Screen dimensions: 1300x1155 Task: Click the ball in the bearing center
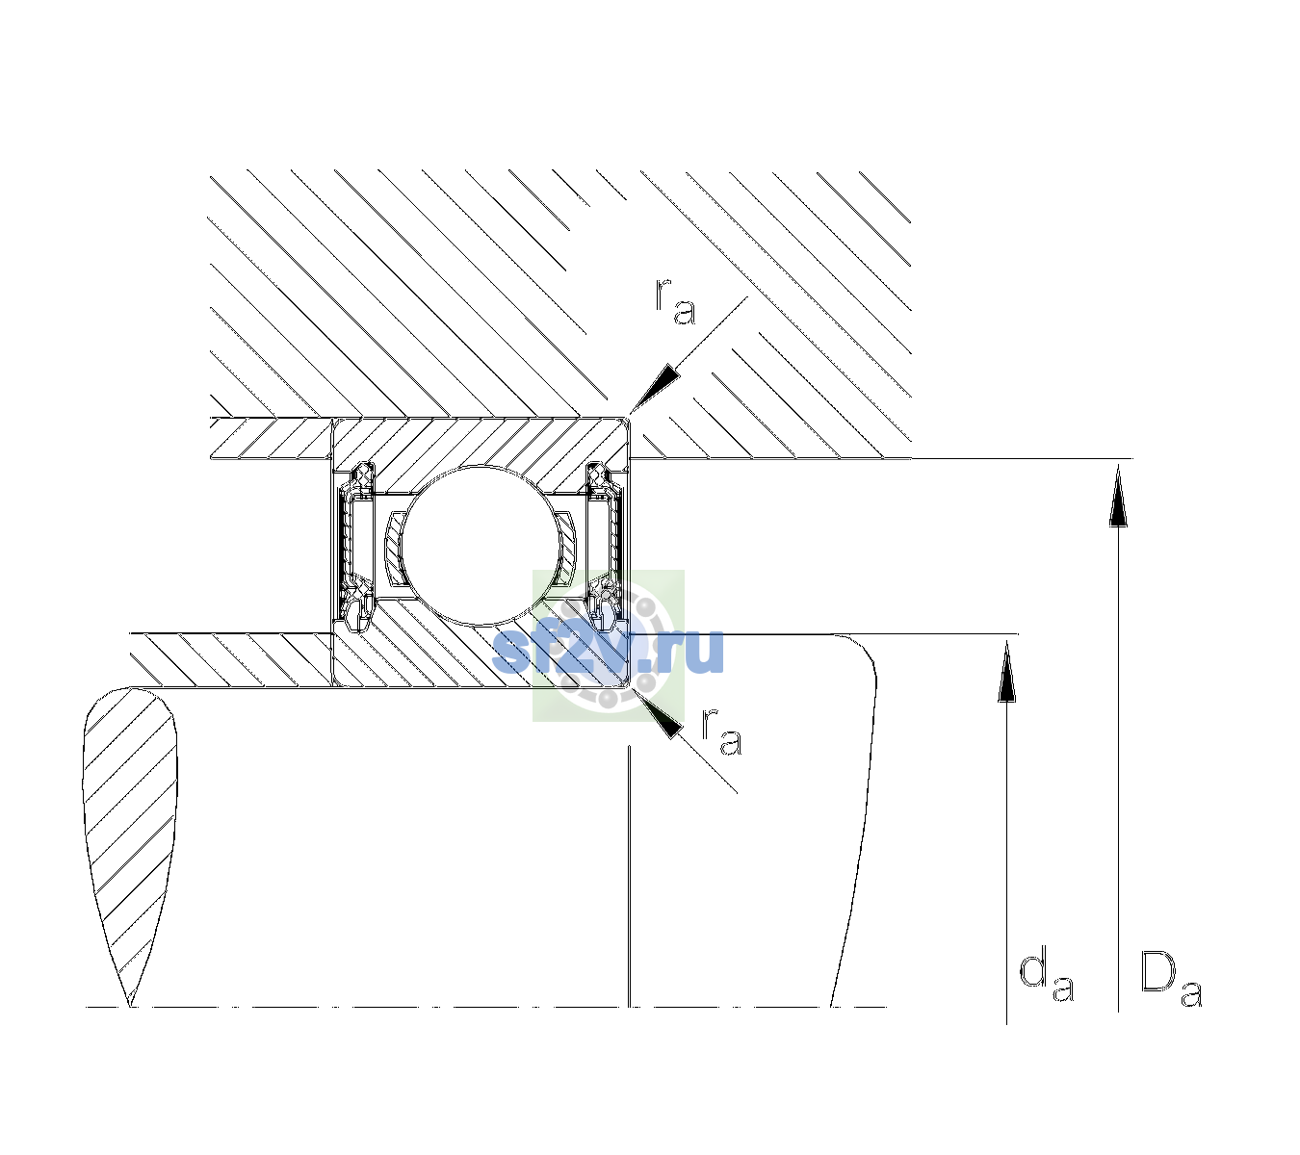pos(481,545)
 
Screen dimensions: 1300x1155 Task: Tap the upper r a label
pos(675,301)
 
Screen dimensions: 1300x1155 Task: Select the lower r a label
pos(721,732)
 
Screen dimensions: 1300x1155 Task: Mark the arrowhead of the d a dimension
pos(1006,671)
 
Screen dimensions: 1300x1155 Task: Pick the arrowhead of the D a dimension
pos(1118,495)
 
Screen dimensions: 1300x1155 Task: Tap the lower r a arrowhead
pos(659,714)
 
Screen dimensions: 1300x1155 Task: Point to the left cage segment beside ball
pos(394,549)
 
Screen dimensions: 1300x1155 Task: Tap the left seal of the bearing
pos(354,545)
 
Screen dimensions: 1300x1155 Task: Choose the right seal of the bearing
pos(607,545)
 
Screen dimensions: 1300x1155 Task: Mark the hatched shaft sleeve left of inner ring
pos(231,660)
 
